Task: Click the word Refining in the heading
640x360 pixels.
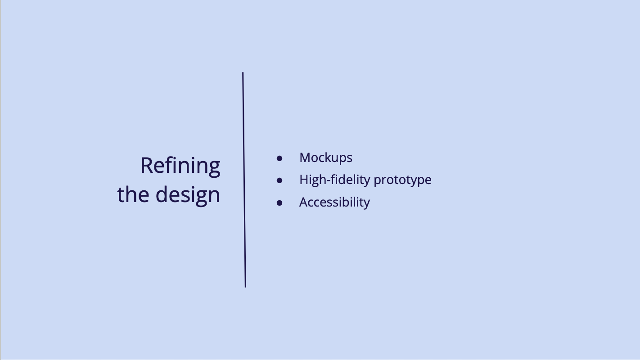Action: pos(180,166)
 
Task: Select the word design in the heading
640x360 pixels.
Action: pos(188,195)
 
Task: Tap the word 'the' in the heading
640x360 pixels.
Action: pos(133,194)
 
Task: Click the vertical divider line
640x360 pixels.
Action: pos(244,180)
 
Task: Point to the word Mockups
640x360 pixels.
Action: pos(326,158)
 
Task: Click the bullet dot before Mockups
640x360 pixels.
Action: pos(279,158)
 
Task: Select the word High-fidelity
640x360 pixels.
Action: pos(335,180)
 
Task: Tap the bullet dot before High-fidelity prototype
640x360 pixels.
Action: pos(279,180)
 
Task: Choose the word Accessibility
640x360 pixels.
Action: pos(334,202)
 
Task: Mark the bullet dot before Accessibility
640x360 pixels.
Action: pos(279,203)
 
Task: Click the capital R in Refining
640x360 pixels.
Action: pos(148,166)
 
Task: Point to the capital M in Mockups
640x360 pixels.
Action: pos(305,157)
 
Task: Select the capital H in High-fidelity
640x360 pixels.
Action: pos(304,180)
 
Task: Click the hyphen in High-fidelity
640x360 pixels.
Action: pos(329,181)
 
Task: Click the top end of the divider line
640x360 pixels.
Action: pos(243,72)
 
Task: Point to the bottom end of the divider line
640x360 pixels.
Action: pos(245,287)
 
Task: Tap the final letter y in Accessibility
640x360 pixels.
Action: pos(366,204)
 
